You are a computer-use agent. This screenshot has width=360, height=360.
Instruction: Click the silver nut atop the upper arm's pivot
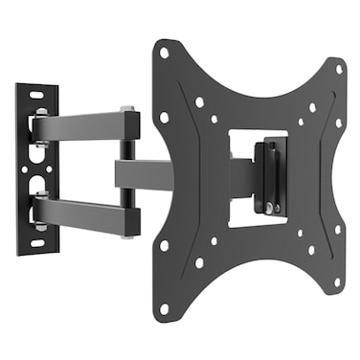pos(126,108)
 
